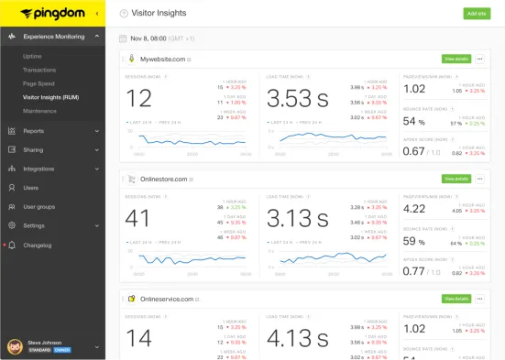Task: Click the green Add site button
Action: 476,14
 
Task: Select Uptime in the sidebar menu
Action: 33,56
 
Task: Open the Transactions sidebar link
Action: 38,70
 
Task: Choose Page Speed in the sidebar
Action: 38,82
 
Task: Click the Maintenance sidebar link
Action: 39,110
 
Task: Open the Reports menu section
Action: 34,130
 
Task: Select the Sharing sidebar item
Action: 33,149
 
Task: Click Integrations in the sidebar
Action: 38,169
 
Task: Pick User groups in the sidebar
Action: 38,206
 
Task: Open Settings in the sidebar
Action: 34,225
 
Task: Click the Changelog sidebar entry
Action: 37,245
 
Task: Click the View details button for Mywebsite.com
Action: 456,59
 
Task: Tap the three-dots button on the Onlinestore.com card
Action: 479,179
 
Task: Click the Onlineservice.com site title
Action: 166,299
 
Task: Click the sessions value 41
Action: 138,218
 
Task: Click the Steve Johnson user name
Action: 45,343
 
